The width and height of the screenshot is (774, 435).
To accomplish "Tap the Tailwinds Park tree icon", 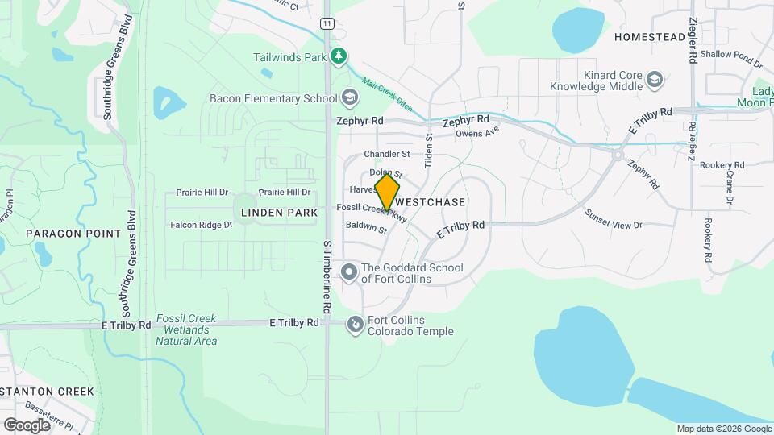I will pos(341,56).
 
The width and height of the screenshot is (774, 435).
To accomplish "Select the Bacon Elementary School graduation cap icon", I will pos(349,98).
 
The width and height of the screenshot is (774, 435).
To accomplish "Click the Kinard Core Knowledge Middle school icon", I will pos(655,79).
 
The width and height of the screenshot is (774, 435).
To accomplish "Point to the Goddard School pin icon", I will pos(349,272).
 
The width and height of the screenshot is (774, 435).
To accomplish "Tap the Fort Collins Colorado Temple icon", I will pos(355,325).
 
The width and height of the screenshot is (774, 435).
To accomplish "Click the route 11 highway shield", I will pos(326,23).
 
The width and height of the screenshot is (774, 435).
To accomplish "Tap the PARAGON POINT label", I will pos(73,234).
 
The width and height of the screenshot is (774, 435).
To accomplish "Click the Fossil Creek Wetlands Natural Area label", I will pos(186,329).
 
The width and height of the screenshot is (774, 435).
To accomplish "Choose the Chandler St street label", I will pos(387,154).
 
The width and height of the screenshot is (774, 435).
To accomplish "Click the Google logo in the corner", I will pos(27,425).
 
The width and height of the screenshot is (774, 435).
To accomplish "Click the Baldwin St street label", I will pos(367,229).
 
